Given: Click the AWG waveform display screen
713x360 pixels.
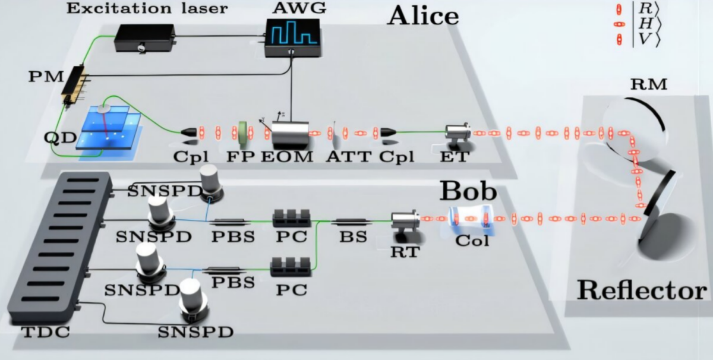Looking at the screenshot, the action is pyautogui.click(x=293, y=32).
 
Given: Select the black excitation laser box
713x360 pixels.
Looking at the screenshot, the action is pyautogui.click(x=144, y=37).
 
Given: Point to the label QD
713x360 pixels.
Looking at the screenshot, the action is pyautogui.click(x=61, y=137).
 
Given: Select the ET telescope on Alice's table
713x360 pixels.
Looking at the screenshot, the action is pyautogui.click(x=458, y=133).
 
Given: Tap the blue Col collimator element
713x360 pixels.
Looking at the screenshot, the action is pyautogui.click(x=471, y=220).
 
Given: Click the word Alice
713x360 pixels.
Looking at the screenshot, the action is pyautogui.click(x=423, y=16).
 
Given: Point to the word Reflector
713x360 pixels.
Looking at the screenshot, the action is pyautogui.click(x=642, y=290).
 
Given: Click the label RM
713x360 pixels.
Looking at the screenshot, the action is pyautogui.click(x=649, y=84).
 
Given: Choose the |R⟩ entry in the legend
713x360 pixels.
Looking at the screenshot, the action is pyautogui.click(x=639, y=9).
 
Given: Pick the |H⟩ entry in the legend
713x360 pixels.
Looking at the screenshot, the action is pyautogui.click(x=639, y=24).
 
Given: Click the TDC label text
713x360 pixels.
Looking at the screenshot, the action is pyautogui.click(x=46, y=332).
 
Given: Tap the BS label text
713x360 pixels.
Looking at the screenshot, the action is pyautogui.click(x=353, y=236).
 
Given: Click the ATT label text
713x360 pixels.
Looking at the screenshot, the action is pyautogui.click(x=349, y=156).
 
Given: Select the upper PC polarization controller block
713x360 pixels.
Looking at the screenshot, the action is pyautogui.click(x=292, y=219).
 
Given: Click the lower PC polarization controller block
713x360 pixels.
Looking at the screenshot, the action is pyautogui.click(x=291, y=267).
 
